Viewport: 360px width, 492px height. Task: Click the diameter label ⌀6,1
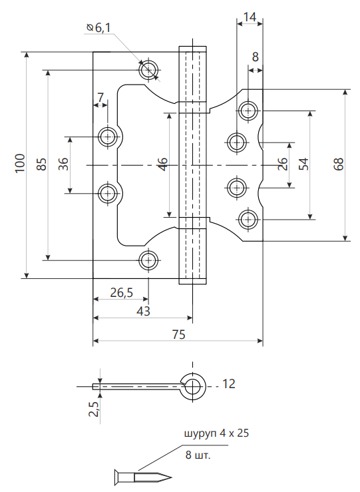(98, 28)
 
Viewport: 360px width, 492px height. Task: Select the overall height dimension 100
(20, 163)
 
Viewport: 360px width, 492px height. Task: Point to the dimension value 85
(42, 164)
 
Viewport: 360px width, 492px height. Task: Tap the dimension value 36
(63, 164)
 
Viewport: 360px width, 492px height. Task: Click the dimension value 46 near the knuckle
(163, 164)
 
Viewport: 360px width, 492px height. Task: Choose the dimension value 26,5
(122, 292)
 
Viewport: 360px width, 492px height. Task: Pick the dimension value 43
(143, 311)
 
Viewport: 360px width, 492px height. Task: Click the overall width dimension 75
(179, 334)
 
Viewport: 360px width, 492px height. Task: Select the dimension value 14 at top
(250, 17)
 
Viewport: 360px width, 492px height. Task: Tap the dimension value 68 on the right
(339, 164)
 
